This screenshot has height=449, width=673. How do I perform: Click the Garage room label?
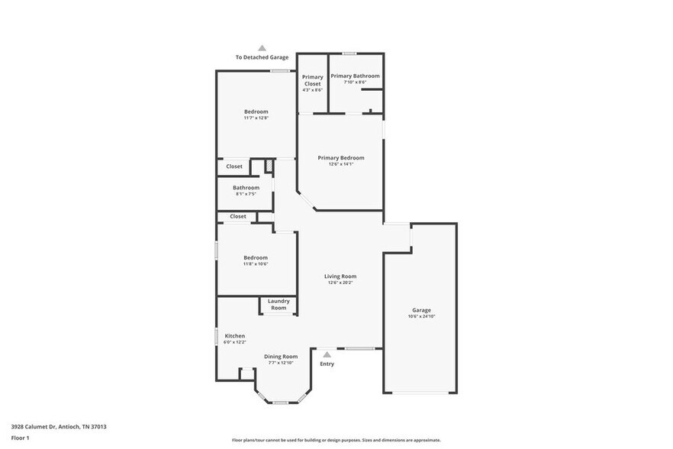click(x=421, y=310)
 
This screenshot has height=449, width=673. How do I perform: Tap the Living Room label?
click(x=340, y=276)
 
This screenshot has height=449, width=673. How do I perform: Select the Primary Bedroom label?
click(x=341, y=158)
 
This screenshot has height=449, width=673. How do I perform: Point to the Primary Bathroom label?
click(x=355, y=76)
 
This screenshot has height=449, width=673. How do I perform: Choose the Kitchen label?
click(x=234, y=336)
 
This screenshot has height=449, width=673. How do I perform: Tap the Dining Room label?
click(x=281, y=357)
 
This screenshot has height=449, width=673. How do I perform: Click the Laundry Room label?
click(x=279, y=304)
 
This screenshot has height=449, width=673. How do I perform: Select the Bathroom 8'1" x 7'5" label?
click(x=246, y=188)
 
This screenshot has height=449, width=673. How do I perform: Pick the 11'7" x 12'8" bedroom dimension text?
click(x=256, y=118)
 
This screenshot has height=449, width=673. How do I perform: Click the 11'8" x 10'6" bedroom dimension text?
click(x=256, y=264)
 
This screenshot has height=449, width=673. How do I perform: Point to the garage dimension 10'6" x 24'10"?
click(x=421, y=316)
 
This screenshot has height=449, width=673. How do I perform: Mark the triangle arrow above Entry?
click(x=327, y=354)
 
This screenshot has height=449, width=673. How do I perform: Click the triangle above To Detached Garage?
click(x=262, y=47)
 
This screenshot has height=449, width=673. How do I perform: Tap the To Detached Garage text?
click(x=262, y=58)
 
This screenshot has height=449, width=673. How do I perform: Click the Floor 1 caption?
click(x=21, y=438)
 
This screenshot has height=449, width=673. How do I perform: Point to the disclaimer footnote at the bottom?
click(x=336, y=441)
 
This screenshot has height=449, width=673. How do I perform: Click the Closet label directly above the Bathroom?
click(x=234, y=166)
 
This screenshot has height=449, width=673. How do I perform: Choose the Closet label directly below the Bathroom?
click(x=238, y=216)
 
